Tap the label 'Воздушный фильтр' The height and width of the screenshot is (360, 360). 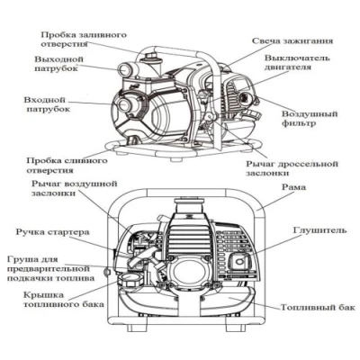point(310,122)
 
